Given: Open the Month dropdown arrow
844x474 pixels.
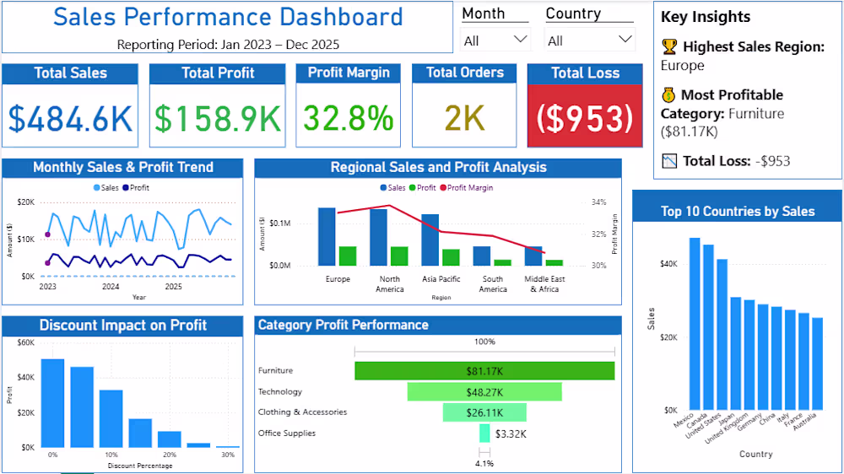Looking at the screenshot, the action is coord(520,40).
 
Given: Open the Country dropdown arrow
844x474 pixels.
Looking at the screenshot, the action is coord(625,40).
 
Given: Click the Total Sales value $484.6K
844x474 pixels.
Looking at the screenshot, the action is coord(70,118).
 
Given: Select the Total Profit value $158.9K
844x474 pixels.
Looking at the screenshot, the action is coord(218,118).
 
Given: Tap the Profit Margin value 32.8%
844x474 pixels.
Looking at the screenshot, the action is coord(349,118).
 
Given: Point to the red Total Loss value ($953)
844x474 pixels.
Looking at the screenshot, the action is coord(585,118).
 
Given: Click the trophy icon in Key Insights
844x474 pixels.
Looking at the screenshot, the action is coord(669,46).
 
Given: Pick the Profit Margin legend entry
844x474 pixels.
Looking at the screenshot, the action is coord(467,188).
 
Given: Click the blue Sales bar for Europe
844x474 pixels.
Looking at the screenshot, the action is coord(327,237).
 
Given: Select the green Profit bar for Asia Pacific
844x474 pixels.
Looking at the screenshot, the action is coord(451,258).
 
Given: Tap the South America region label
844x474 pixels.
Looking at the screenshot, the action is coord(493,284).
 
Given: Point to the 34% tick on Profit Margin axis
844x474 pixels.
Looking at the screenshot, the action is coord(598,202).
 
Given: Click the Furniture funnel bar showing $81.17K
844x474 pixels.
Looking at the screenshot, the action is coord(484,371).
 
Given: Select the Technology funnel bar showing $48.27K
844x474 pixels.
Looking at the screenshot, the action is coord(484,391).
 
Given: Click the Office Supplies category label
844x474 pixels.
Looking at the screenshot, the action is coord(287,434).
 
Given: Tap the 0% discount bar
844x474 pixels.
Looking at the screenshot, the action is coord(52,403).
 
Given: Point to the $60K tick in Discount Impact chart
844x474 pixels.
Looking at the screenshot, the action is coord(26,342).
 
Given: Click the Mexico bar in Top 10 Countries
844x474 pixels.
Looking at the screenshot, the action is coord(695,324).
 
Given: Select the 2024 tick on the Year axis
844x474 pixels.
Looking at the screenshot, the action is coord(111,286).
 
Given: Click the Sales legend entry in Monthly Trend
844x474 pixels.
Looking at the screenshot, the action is coord(106,188).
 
